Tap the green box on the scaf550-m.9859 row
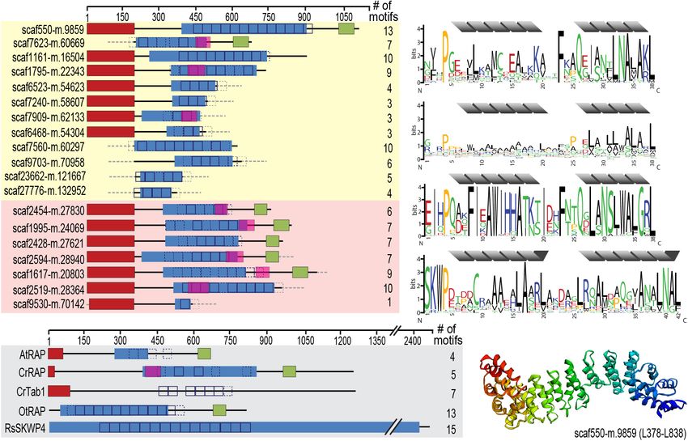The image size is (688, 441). pos(346,28)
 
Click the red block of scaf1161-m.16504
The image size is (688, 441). pos(110,56)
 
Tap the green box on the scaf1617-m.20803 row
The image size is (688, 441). pos(300,273)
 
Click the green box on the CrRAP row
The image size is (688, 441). pos(289,371)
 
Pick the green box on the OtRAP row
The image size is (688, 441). pos(219,409)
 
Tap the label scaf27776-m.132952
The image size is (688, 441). pos(45,192)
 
